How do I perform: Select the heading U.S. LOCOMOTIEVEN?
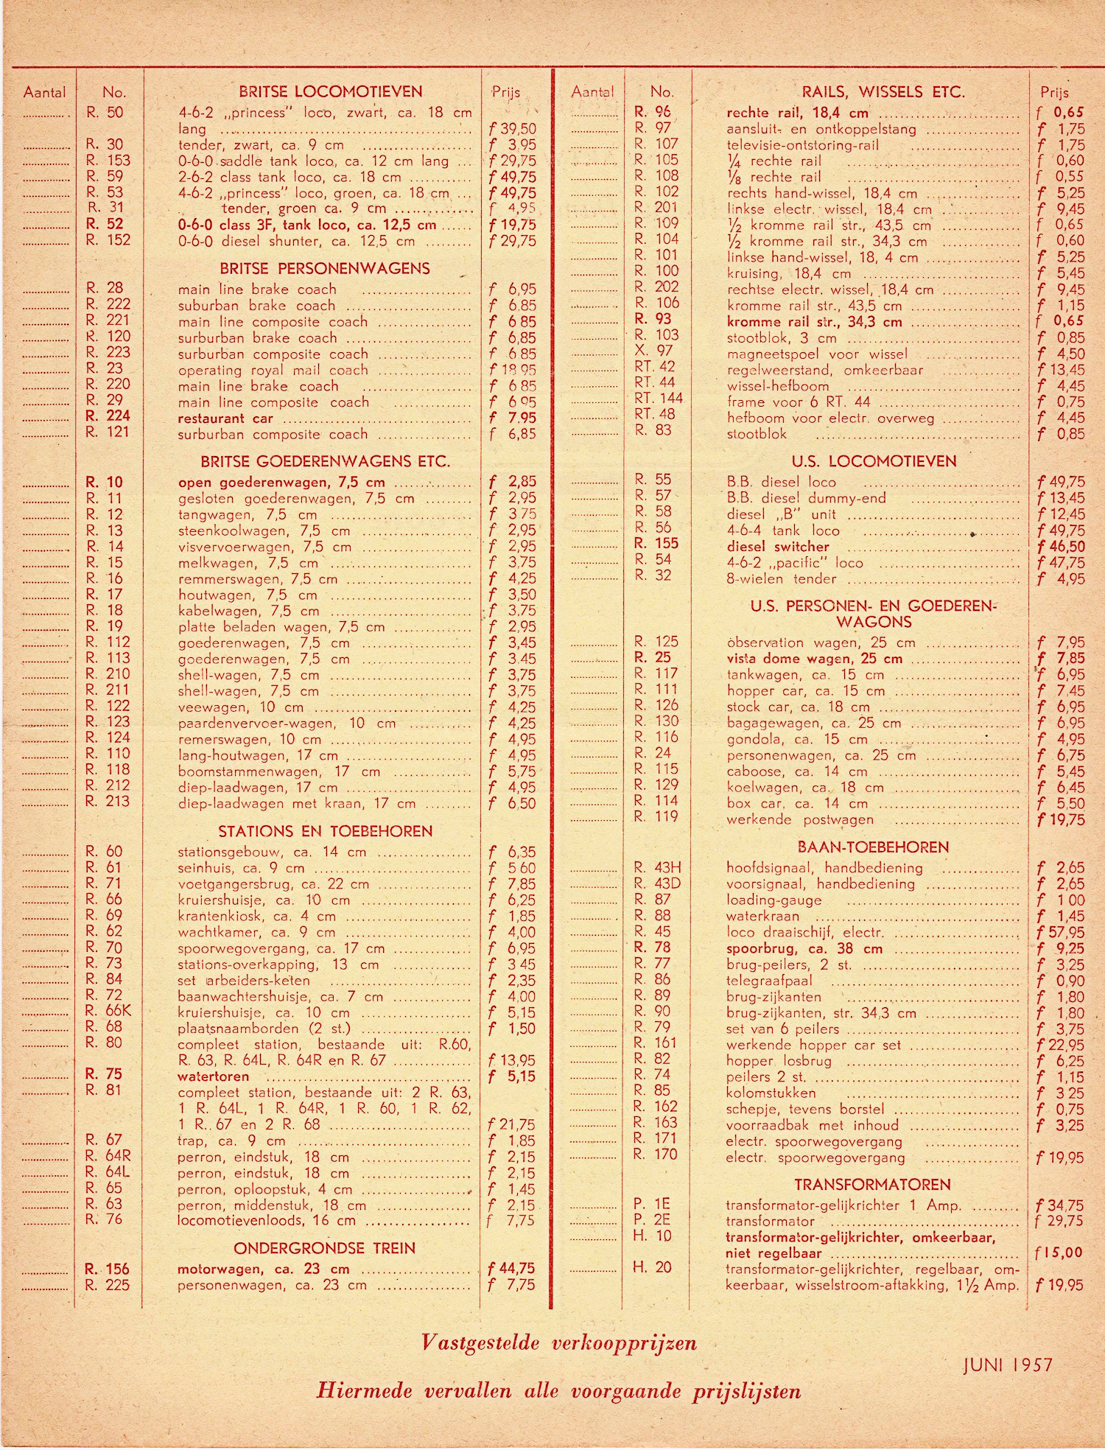click(874, 462)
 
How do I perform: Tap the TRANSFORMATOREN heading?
click(872, 1185)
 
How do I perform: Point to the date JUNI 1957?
click(1008, 1365)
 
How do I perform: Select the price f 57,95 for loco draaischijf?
click(1059, 933)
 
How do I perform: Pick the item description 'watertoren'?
click(214, 1076)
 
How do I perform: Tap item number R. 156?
click(107, 1269)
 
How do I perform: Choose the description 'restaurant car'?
click(225, 418)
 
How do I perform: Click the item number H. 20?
click(653, 1267)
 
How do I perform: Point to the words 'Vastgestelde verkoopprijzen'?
click(559, 1342)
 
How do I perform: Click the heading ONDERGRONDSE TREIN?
click(324, 1248)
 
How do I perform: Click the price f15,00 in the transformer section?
click(1059, 1253)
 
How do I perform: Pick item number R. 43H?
click(657, 868)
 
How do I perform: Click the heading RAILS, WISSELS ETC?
click(883, 92)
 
